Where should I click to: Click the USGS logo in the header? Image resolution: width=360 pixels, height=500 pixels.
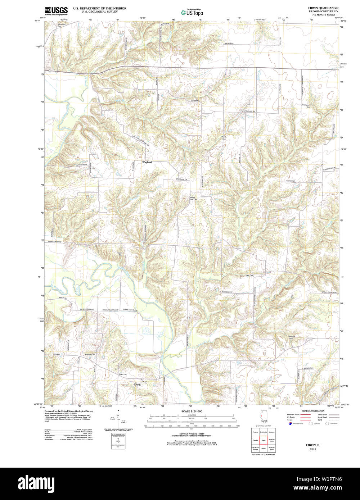click(56, 11)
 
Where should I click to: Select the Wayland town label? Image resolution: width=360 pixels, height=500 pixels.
click(147, 163)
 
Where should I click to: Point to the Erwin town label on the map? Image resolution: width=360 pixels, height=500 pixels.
click(138, 385)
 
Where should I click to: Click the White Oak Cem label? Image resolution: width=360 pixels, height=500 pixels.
click(194, 198)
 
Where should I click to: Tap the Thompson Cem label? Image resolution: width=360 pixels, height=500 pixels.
click(306, 106)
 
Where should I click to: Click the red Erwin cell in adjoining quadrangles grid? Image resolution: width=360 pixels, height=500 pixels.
click(263, 440)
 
